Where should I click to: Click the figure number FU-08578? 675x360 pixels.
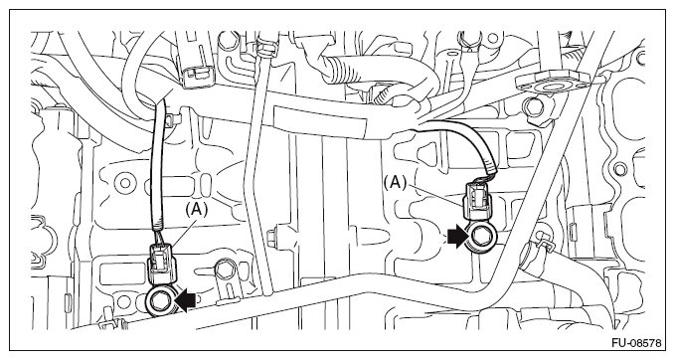636,343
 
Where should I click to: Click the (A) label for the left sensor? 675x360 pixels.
196,209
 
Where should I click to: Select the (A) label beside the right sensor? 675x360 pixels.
395,183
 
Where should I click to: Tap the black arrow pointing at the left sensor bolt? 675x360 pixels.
186,299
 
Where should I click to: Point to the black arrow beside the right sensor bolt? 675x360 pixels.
457,238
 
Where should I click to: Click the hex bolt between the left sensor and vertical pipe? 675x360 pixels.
223,270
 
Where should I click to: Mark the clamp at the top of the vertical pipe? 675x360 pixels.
266,48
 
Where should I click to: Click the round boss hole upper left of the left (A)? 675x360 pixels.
125,183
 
